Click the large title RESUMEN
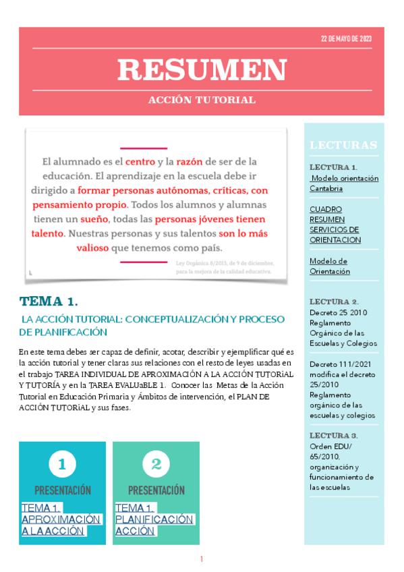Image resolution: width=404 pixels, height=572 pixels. tap(202, 69)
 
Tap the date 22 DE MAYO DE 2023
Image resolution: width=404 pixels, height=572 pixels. tap(346, 39)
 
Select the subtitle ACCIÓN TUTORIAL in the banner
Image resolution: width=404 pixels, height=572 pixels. tap(202, 100)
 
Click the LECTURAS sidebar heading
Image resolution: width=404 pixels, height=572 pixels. tap(343, 145)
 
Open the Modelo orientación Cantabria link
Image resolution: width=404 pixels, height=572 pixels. tap(343, 183)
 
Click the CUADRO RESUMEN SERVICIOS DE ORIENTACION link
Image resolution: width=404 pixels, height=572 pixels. tap(335, 225)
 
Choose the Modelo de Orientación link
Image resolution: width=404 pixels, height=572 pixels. tap(330, 266)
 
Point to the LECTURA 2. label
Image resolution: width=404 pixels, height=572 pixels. tap(334, 302)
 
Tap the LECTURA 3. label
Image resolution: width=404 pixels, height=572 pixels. tap(334, 436)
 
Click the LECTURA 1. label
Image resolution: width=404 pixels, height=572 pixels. tap(334, 167)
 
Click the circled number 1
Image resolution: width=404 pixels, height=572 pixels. tap(62, 464)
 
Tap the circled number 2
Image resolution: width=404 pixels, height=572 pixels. tap(156, 464)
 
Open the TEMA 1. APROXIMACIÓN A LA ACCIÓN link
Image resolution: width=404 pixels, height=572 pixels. tap(61, 519)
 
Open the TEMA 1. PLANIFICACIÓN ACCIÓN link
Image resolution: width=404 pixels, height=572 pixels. tap(154, 519)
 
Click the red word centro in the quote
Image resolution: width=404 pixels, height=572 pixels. tap(140, 162)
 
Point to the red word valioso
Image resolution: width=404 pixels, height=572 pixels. tap(93, 247)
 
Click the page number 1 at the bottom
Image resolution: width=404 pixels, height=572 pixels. tap(202, 559)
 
